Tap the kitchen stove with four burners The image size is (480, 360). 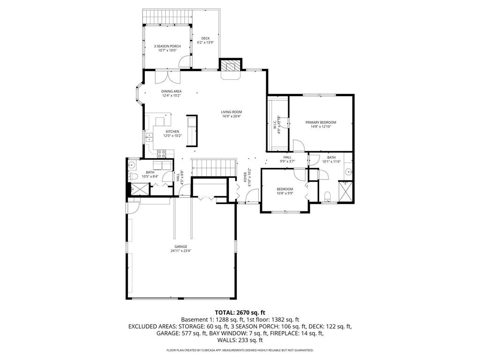162,152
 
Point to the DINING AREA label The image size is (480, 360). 171,91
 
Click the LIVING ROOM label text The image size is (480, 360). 232,112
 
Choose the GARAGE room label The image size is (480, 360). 181,247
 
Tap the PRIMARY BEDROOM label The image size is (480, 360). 321,122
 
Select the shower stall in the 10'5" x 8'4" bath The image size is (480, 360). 139,189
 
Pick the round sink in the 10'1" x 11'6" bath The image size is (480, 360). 348,172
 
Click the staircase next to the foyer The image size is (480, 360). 210,166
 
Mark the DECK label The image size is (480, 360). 205,38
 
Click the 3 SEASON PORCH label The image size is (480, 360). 167,46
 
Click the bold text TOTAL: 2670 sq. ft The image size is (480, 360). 240,312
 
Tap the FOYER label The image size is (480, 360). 245,178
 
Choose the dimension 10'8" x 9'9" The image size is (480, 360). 285,193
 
